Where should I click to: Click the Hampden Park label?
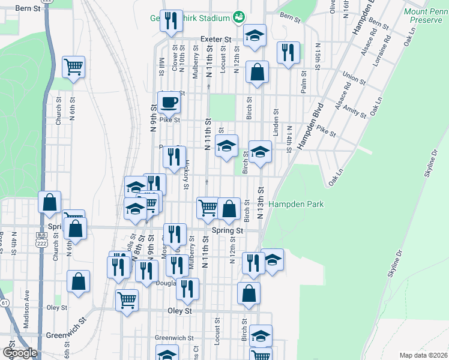[x=297, y=204]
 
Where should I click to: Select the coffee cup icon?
[x=169, y=102]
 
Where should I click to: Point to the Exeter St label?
[x=215, y=39]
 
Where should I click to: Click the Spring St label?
[x=228, y=230]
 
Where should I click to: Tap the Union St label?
[x=354, y=79]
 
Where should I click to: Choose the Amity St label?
[x=355, y=112]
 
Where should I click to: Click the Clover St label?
[x=175, y=58]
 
